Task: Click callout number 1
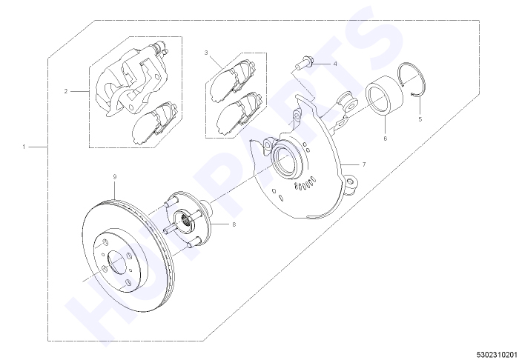(24, 147)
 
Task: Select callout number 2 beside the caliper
(66, 91)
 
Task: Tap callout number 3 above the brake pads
(206, 53)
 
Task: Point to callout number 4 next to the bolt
(335, 64)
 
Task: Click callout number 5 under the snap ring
(420, 119)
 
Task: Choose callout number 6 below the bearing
(386, 139)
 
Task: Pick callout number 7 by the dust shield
(364, 164)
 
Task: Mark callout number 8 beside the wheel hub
(234, 224)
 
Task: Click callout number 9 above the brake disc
(115, 177)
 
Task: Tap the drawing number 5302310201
(497, 354)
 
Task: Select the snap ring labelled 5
(413, 79)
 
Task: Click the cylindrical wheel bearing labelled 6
(384, 96)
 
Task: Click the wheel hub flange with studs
(188, 219)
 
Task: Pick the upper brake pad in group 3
(233, 80)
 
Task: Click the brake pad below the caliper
(155, 123)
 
